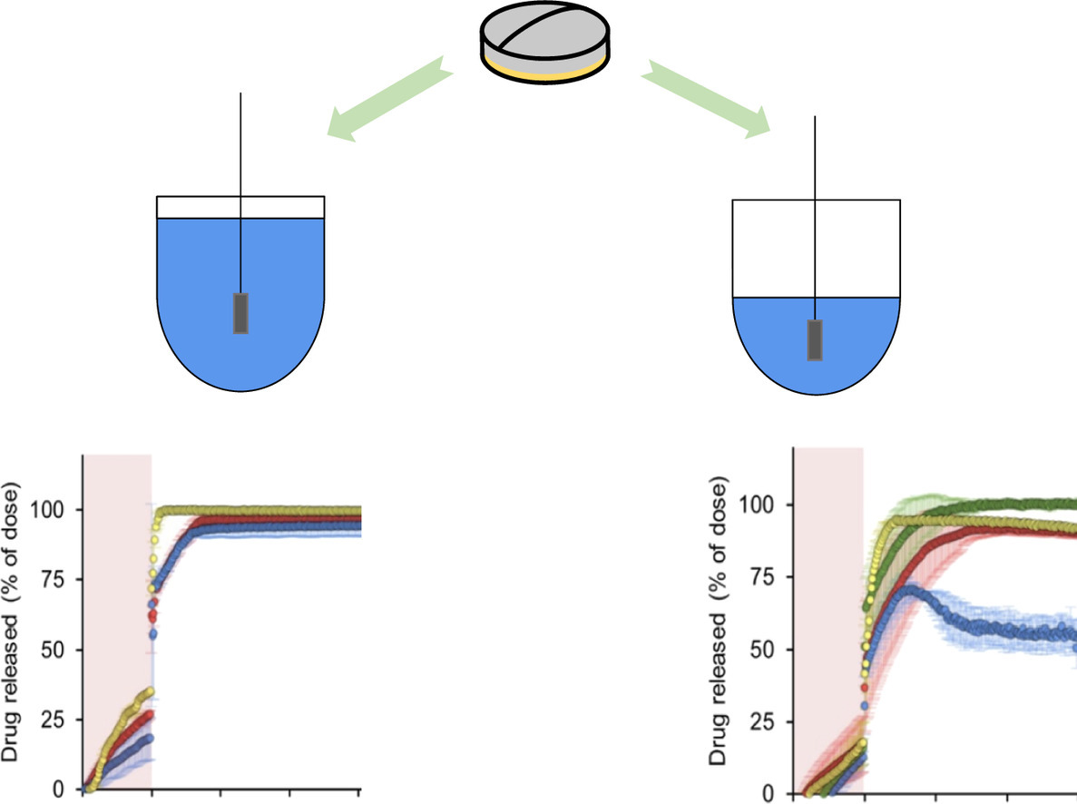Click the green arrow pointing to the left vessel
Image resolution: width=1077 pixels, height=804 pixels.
click(391, 98)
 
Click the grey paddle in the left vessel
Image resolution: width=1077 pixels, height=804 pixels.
click(240, 313)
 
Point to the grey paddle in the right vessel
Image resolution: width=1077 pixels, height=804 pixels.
click(816, 339)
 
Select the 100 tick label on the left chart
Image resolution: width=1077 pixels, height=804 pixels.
click(52, 510)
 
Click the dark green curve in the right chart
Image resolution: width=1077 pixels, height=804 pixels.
click(998, 503)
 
